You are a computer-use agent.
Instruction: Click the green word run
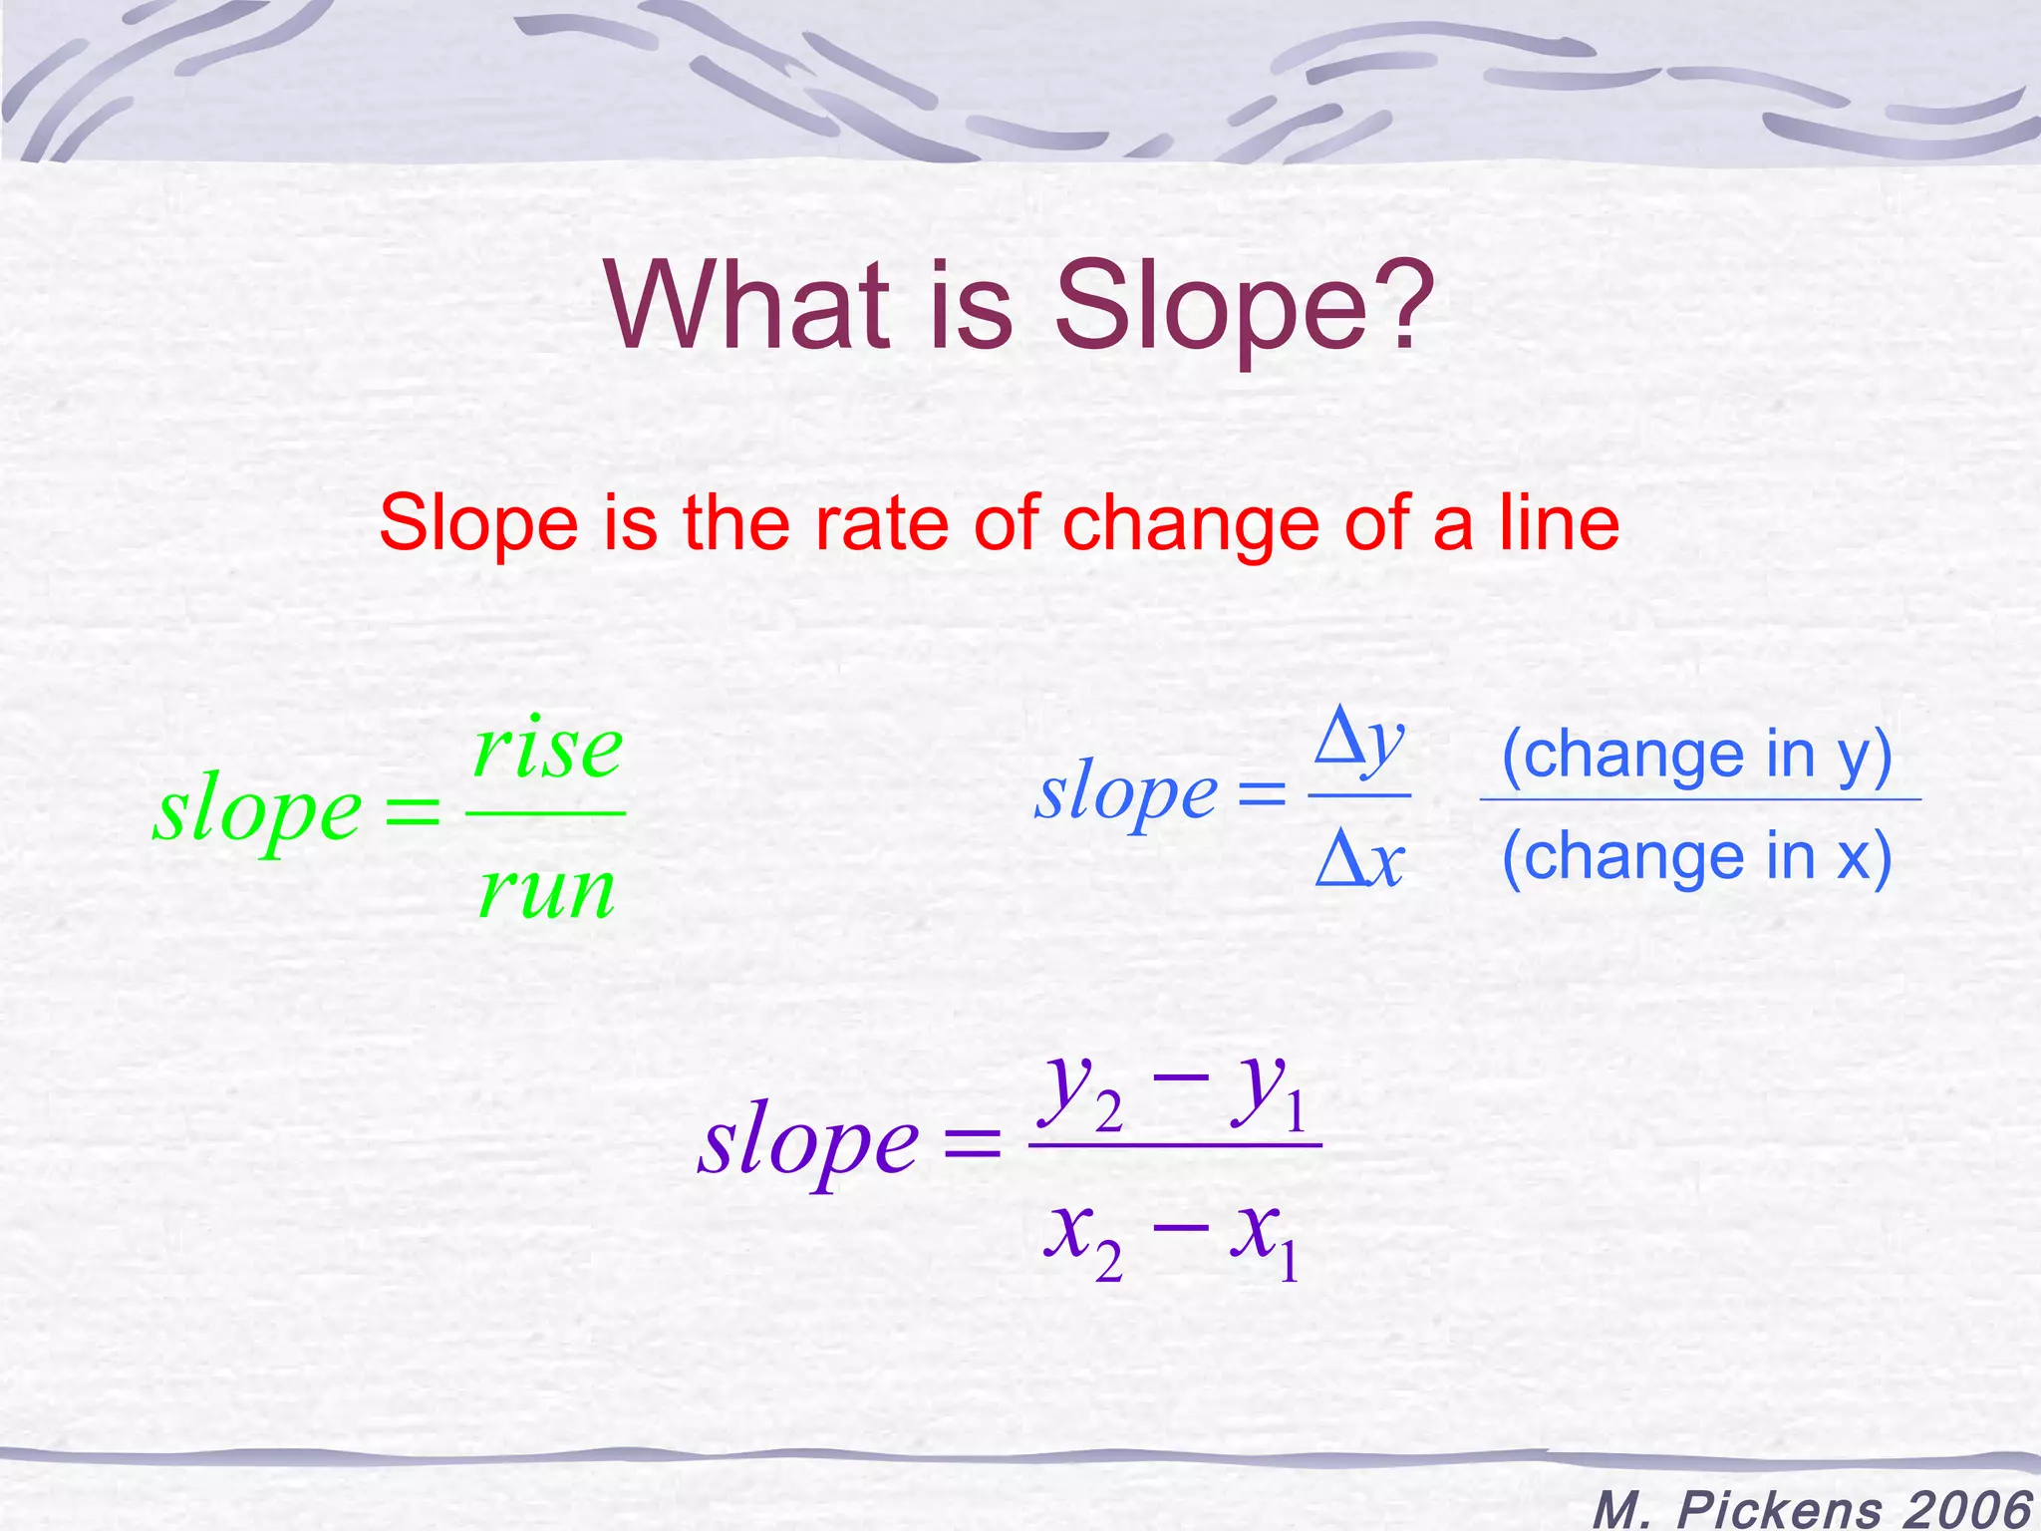point(546,890)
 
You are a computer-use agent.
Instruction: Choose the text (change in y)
point(1696,754)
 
